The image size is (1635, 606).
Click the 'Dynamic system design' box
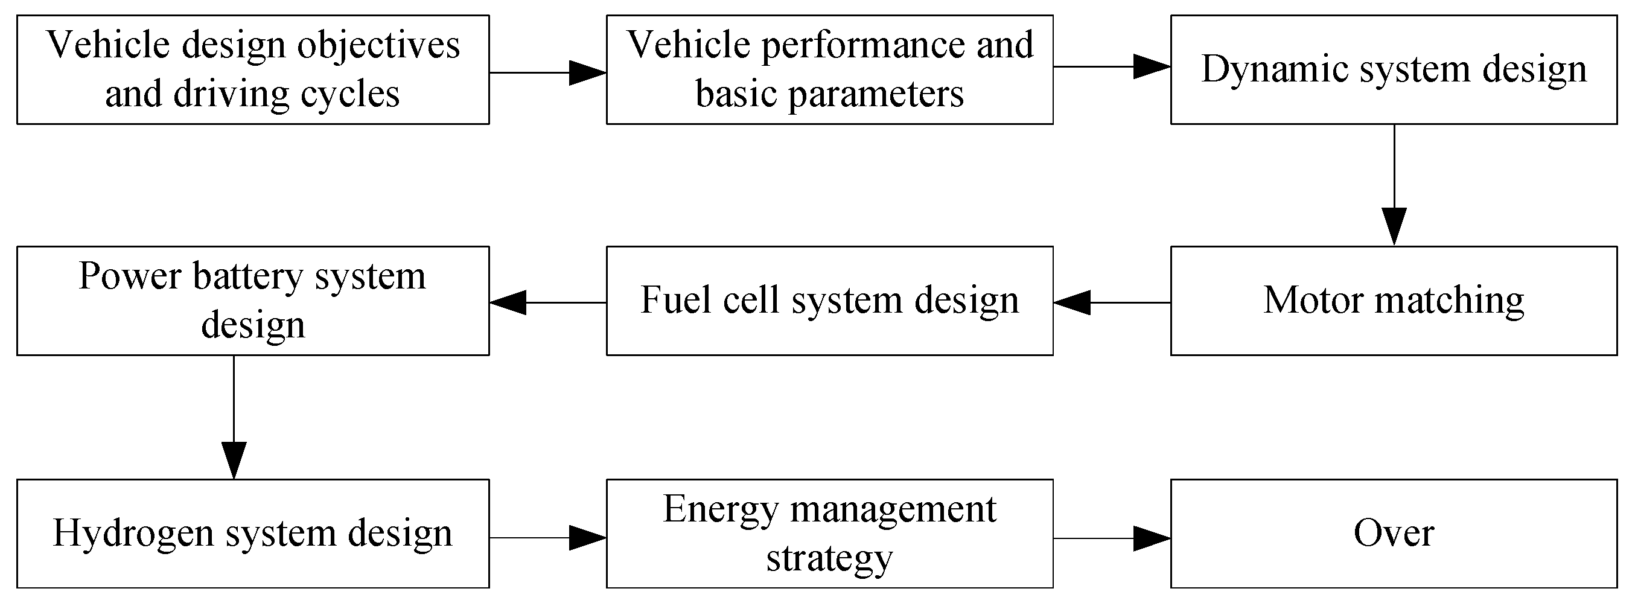[1393, 69]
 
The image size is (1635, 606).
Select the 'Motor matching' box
[1393, 300]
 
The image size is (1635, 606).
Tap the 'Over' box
[1393, 533]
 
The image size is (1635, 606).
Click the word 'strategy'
[829, 559]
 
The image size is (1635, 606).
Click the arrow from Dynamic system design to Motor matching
[1394, 185]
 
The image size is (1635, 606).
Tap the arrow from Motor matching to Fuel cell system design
[1111, 302]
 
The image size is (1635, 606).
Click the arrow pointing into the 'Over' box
[1111, 538]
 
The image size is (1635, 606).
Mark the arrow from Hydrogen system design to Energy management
[547, 538]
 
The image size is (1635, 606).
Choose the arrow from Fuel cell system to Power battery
[547, 302]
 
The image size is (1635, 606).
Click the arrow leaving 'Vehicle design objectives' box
[547, 73]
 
